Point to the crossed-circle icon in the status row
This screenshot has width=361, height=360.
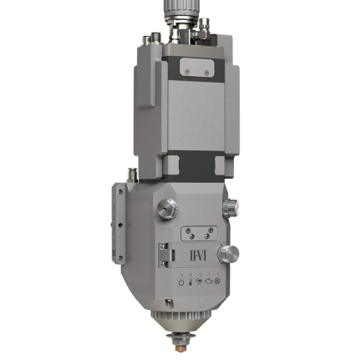pos(217,281)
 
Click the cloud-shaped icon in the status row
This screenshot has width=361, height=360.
pos(208,281)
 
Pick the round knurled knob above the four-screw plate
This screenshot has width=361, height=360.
pos(168,207)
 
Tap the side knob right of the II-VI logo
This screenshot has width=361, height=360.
pos(228,253)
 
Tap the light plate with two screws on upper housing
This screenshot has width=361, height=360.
pos(196,69)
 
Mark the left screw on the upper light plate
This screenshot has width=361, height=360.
pos(187,73)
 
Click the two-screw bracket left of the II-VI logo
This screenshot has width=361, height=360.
pos(166,254)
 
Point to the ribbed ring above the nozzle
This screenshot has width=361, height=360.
pos(177,320)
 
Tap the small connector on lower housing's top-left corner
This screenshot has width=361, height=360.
pos(131,174)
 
